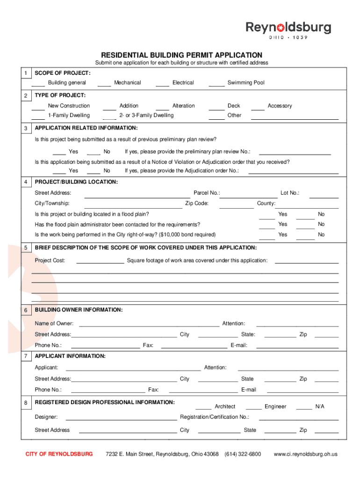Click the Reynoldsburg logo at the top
[288, 29]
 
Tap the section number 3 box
[26, 128]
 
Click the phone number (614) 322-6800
[243, 454]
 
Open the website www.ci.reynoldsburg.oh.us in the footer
[305, 454]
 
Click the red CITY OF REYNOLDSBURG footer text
[59, 454]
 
